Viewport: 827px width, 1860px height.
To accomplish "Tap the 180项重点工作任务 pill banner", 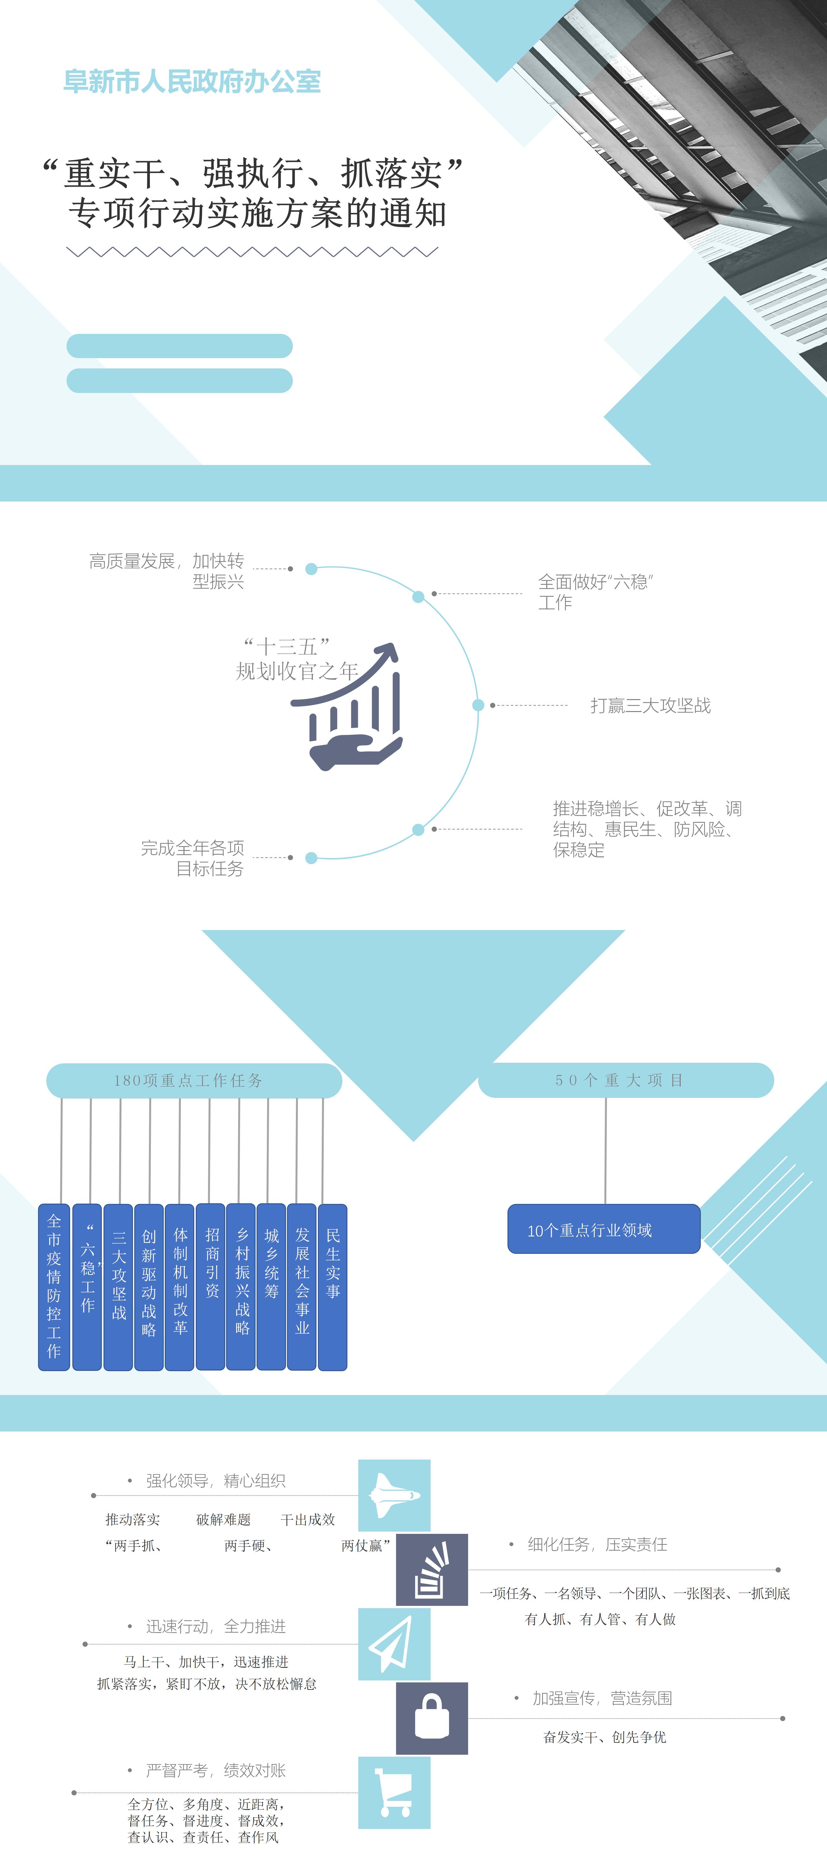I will coord(194,1080).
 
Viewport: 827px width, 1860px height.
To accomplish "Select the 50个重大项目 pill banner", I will coord(625,1080).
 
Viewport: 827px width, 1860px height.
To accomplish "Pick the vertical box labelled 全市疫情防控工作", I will coord(54,1287).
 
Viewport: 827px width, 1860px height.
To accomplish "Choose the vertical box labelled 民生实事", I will coord(333,1287).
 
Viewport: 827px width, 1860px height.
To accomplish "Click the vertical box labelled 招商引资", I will coord(211,1287).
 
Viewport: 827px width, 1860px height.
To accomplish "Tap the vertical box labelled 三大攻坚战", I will coord(119,1287).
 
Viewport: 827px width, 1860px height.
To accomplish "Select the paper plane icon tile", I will coord(394,1644).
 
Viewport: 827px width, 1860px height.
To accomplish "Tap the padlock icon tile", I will coord(432,1718).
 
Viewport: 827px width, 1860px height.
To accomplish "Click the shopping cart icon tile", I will coord(394,1793).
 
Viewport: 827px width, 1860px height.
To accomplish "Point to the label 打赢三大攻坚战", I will coord(650,706).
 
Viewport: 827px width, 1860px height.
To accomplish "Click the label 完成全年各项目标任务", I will coord(193,858).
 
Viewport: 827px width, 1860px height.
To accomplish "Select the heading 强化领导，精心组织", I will coord(215,1481).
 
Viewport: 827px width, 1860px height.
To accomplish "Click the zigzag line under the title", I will coord(252,252).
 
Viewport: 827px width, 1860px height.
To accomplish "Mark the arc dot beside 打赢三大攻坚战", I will coord(478,706).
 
